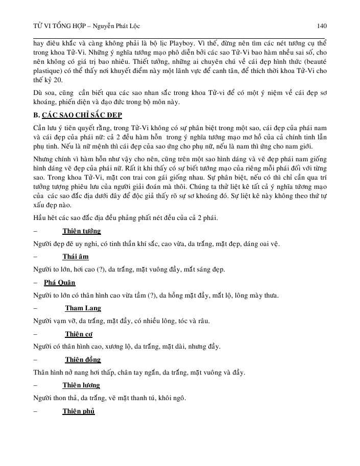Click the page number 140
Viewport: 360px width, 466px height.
click(322, 26)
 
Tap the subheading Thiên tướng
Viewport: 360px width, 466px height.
click(82, 231)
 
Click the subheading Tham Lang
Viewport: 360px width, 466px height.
click(83, 308)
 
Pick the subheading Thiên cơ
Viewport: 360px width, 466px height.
click(80, 334)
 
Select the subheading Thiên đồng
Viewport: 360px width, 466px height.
click(83, 359)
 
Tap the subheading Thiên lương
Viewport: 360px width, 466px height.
click(81, 385)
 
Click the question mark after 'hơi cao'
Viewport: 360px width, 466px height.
click(98, 269)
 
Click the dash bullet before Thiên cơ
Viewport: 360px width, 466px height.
click(35, 334)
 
